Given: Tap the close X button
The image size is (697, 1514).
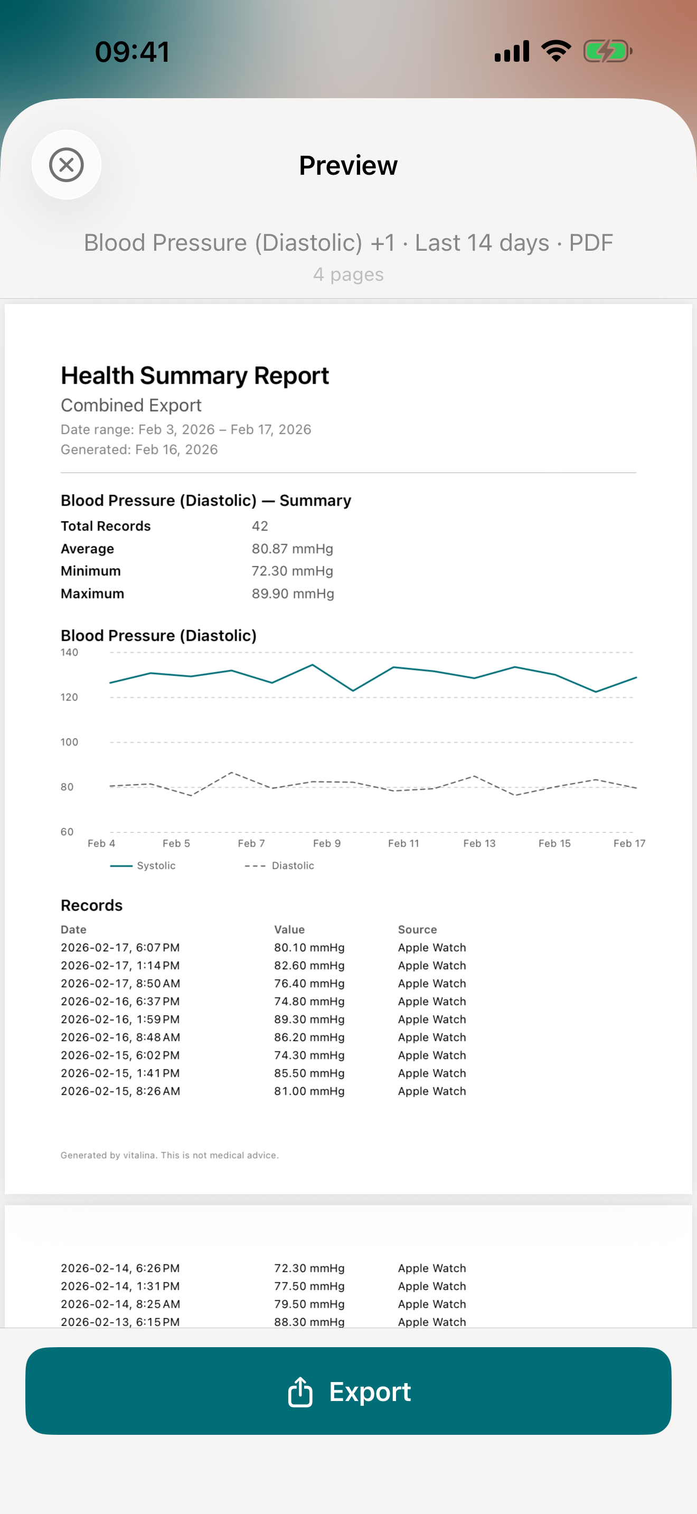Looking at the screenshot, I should tap(67, 165).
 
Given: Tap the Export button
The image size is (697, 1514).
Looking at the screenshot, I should tap(348, 1390).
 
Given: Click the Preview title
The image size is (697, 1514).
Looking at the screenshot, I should tap(348, 165).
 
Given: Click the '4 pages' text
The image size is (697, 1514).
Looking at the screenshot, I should tap(348, 275).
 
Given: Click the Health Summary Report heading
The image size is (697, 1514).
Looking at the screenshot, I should tap(194, 375).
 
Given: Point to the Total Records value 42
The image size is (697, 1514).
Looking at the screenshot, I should tap(260, 526).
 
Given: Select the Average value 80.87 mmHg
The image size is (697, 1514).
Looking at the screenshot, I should tap(292, 548).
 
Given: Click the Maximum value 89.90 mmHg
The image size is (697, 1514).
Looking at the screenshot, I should tap(293, 593).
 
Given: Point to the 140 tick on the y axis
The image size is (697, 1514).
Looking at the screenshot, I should tap(69, 652).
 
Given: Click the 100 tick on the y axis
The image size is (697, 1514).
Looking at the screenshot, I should tap(69, 742).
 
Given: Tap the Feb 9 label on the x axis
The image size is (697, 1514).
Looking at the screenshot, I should tap(327, 844).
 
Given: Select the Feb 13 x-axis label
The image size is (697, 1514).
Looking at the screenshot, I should tap(479, 844).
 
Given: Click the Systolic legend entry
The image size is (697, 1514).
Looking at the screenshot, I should tap(144, 866).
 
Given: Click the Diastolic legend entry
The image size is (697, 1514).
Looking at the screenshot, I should tap(280, 866).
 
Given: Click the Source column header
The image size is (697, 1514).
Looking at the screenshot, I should tap(417, 929).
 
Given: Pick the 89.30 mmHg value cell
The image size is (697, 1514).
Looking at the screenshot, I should tap(309, 1019).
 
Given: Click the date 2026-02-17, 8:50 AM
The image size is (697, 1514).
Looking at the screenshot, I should tap(120, 983).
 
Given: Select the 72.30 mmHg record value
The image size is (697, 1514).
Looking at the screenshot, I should tap(309, 1268).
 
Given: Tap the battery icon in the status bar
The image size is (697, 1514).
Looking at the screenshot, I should tap(607, 51).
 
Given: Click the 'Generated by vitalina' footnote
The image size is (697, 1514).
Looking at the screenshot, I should tap(169, 1155).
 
